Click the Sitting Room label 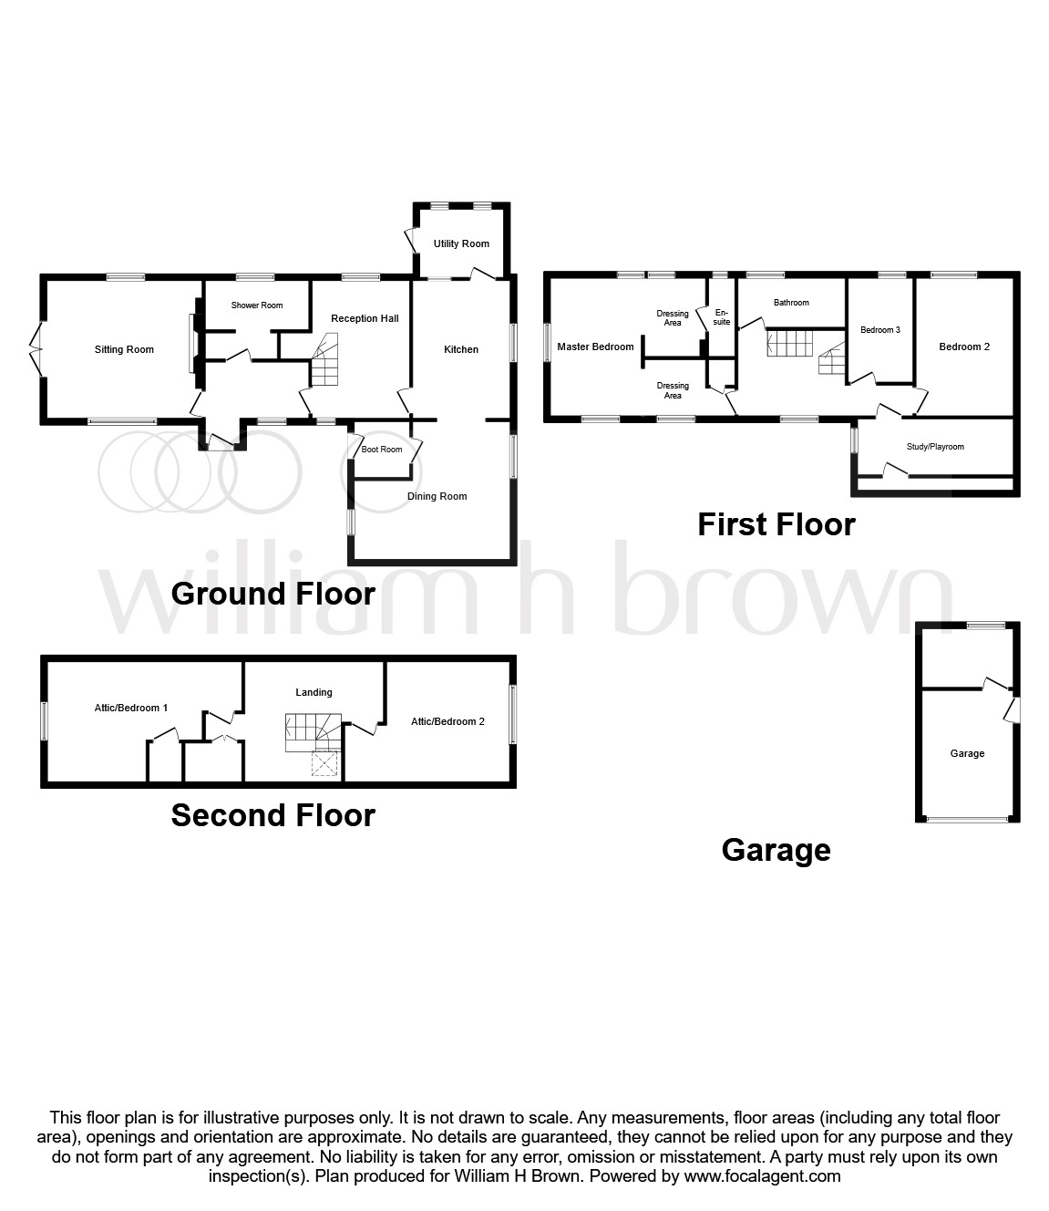[x=124, y=349]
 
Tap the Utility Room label [x=461, y=243]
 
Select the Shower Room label [x=257, y=305]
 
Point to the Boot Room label [x=382, y=450]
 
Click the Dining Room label [x=437, y=496]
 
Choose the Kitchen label [x=461, y=349]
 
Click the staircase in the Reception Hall [x=324, y=360]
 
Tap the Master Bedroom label [x=595, y=347]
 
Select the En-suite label [x=722, y=316]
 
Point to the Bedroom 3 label [x=880, y=330]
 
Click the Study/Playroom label [x=935, y=447]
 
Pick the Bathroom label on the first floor [x=791, y=303]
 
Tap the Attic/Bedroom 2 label [x=447, y=721]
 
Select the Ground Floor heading [x=273, y=594]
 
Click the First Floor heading [x=776, y=524]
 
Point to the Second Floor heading [x=273, y=814]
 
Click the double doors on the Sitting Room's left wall [x=37, y=348]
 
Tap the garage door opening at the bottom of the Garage [x=968, y=820]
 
